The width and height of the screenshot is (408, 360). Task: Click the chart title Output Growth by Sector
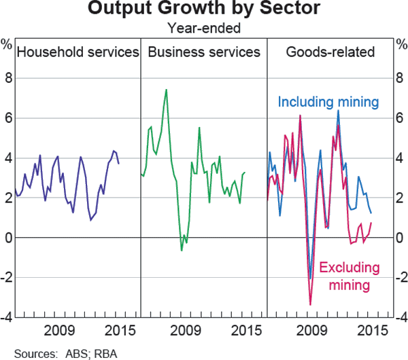204,10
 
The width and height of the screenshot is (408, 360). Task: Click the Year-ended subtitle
204,29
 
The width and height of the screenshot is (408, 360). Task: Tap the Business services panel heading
203,52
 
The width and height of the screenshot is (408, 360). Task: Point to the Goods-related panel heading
330,52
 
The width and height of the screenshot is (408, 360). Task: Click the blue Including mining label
328,103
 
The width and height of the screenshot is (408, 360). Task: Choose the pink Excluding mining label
349,276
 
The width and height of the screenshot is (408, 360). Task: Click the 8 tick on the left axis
8,78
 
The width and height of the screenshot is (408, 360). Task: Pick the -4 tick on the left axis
7,317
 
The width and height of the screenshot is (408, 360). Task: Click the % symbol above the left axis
7,46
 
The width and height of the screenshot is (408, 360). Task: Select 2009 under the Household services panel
58,331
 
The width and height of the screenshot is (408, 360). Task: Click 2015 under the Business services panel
245,331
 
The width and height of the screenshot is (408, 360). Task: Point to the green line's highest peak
166,90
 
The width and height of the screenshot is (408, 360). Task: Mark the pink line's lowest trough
310,305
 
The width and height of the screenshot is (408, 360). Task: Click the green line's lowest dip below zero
182,251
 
